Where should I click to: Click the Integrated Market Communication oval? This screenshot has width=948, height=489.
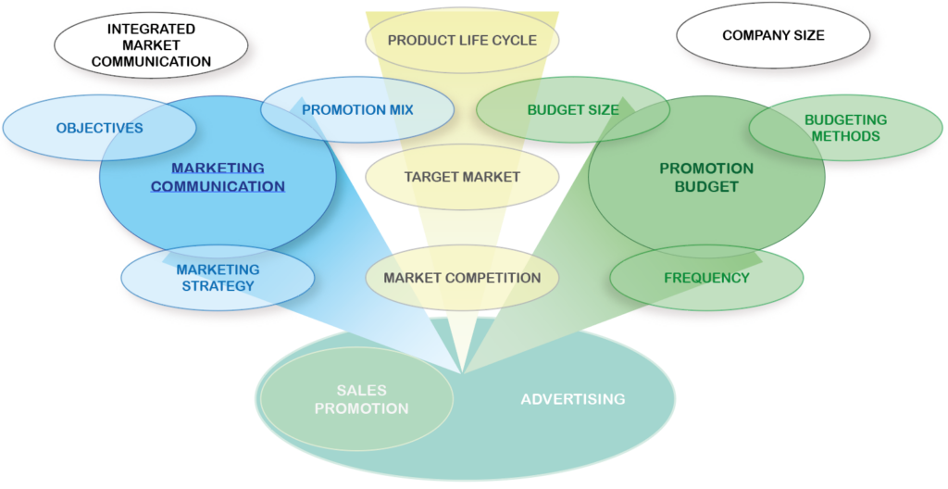point(151,44)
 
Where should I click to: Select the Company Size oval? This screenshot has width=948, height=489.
point(773,36)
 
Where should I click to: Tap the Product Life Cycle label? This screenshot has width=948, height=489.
point(462,40)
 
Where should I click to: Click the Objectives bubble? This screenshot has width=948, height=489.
point(99,128)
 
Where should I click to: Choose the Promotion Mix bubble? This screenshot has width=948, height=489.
point(357,109)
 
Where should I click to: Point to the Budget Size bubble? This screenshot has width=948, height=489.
point(573,109)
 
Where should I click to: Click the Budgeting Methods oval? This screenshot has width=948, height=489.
point(845,128)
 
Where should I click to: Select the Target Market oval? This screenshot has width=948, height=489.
point(462,176)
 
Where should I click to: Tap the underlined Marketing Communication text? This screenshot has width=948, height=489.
point(218,177)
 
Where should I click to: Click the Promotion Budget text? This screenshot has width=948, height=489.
point(706,177)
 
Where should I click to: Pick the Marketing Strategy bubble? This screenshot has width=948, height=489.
point(218,277)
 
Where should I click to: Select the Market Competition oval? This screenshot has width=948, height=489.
point(462,277)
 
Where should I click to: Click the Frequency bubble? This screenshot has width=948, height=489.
point(706,277)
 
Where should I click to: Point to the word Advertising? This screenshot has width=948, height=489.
point(573,399)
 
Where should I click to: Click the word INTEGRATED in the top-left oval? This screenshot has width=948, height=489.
point(151,28)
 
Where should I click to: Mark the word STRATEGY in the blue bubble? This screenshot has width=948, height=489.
point(218,285)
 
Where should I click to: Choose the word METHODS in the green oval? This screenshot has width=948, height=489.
point(845,136)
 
